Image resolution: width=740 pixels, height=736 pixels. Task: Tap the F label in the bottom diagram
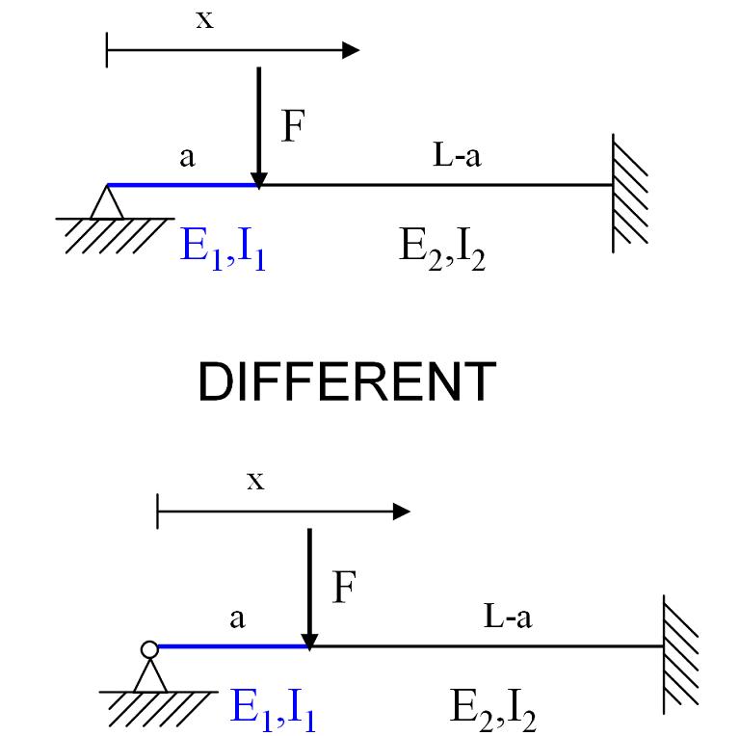(x=344, y=588)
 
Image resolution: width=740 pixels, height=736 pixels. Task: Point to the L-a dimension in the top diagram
(x=456, y=157)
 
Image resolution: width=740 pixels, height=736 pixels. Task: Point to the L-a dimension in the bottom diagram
(x=507, y=618)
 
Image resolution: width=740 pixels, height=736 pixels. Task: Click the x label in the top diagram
(x=204, y=20)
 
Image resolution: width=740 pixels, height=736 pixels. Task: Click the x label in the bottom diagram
(x=254, y=481)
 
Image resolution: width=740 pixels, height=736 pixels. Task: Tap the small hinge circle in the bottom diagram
(x=149, y=649)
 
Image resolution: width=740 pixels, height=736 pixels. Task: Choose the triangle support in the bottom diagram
(x=149, y=674)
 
